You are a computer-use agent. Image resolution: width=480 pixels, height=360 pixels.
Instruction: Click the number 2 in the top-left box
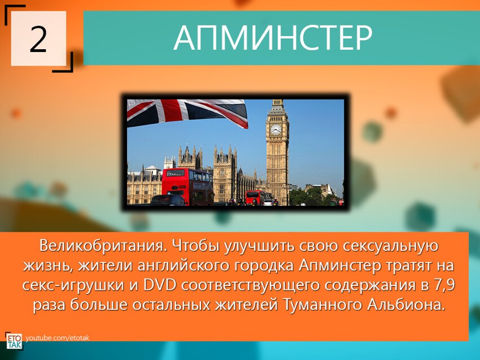[x=38, y=39]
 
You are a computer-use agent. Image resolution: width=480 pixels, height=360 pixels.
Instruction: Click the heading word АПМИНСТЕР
[x=273, y=38]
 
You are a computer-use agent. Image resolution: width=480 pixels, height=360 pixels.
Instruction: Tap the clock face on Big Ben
[x=276, y=129]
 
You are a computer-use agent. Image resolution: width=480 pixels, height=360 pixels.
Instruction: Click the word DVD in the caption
[x=162, y=285]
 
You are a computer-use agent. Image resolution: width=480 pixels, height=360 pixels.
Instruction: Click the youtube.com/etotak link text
[x=57, y=338]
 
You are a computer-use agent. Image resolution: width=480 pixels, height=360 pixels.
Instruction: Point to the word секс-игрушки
[x=74, y=285]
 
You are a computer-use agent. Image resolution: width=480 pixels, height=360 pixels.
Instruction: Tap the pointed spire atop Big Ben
[x=277, y=103]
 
